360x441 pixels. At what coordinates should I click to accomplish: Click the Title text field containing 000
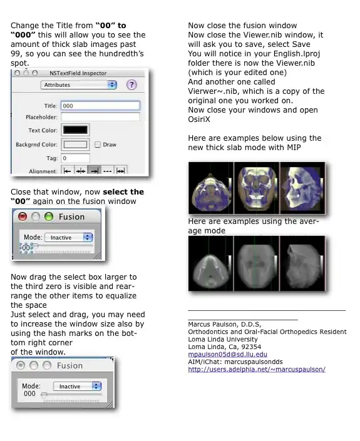(x=100, y=106)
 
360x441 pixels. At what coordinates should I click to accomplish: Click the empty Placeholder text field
(x=100, y=117)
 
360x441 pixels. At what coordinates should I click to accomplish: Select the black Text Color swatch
(x=75, y=129)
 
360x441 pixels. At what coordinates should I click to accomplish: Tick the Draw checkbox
(x=98, y=144)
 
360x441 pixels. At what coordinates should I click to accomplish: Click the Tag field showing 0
(x=75, y=158)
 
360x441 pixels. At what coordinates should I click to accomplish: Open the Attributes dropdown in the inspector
(x=78, y=85)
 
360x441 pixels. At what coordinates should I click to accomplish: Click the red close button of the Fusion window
(x=23, y=216)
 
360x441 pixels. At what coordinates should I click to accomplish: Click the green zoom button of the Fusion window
(x=49, y=216)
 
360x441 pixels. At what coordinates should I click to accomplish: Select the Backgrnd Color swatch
(x=75, y=144)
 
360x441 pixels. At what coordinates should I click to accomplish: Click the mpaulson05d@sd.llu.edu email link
(x=227, y=355)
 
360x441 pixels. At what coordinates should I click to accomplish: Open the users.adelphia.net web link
(x=257, y=369)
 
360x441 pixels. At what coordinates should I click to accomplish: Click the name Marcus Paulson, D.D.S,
(x=225, y=324)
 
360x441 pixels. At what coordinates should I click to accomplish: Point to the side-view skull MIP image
(x=302, y=188)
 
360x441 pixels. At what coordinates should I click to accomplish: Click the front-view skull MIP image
(x=257, y=188)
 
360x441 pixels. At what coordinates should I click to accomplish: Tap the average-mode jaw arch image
(x=210, y=263)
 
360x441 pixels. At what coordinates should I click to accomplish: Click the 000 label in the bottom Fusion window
(x=29, y=393)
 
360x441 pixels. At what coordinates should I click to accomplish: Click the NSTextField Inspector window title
(x=78, y=73)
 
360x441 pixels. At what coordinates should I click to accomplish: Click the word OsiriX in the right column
(x=199, y=119)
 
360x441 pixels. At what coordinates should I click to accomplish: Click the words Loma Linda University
(x=223, y=339)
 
